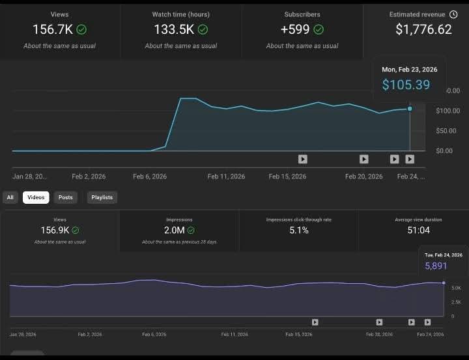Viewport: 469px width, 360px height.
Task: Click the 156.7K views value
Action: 52,29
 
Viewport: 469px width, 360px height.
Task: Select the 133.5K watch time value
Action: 174,29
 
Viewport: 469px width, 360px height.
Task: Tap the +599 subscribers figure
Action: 295,29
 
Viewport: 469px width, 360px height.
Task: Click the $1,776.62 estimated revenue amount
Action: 423,29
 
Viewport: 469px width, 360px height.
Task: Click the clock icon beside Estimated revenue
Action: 453,14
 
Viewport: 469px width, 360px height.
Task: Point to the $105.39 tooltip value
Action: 406,85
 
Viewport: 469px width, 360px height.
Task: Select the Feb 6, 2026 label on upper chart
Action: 150,176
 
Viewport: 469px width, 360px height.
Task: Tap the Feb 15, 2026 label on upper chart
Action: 287,176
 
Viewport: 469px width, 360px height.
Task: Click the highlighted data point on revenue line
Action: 410,109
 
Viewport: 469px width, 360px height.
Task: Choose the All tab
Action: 10,197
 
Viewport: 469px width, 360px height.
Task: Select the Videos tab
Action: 36,197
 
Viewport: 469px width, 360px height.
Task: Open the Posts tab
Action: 66,197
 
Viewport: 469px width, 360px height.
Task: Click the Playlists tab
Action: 102,197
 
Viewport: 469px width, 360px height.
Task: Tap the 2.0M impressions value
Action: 174,230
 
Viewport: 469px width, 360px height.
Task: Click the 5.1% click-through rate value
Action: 299,230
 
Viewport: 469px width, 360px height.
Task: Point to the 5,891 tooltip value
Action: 436,266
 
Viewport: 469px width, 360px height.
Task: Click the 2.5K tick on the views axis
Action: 456,302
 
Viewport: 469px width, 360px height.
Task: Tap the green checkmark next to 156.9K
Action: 76,230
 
